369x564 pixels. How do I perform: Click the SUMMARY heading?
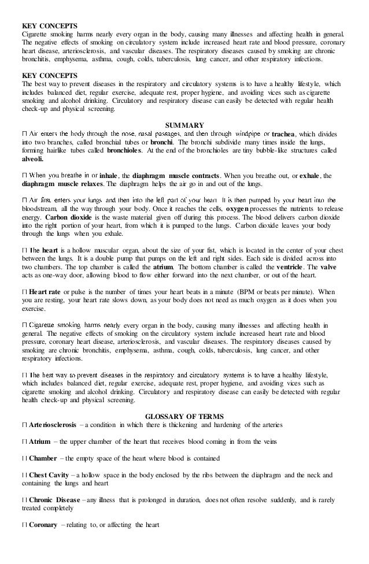coord(184,124)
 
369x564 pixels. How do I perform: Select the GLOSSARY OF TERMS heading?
coord(184,416)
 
